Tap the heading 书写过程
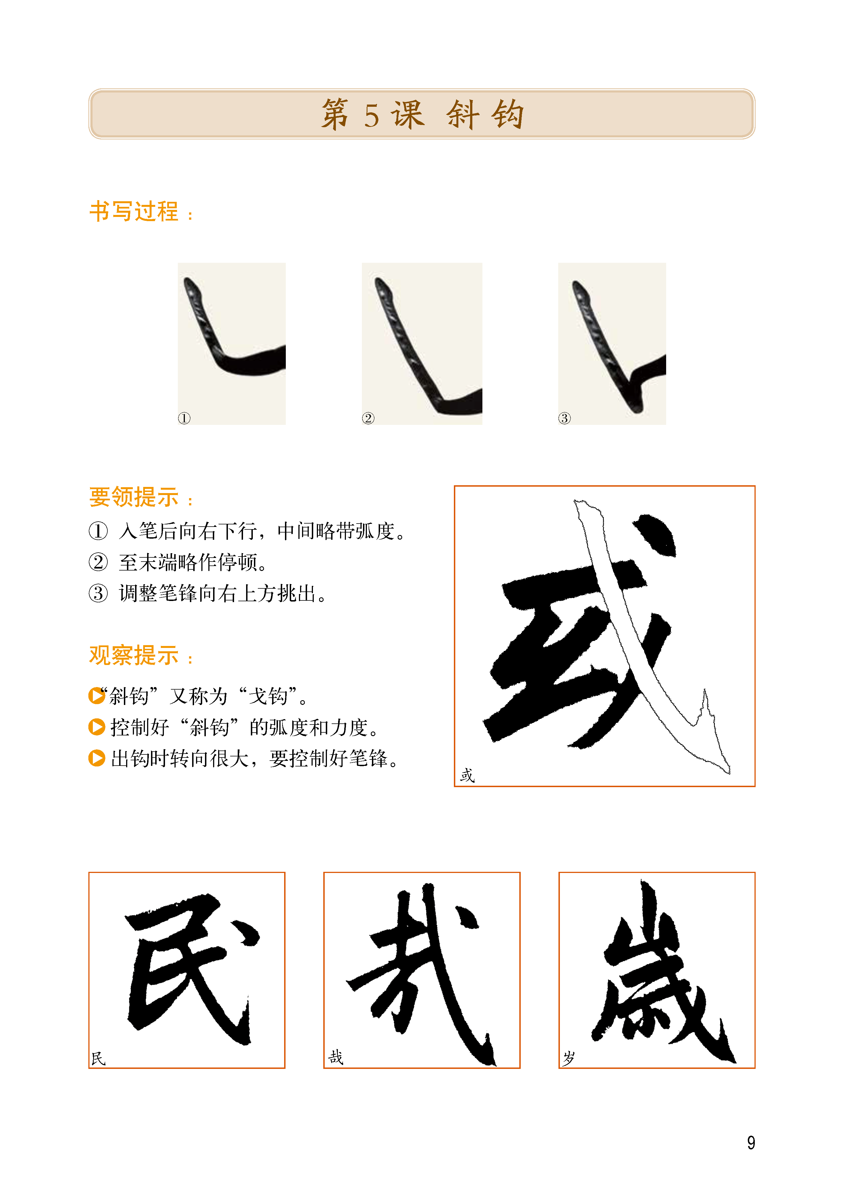[134, 212]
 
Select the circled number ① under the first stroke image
[184, 418]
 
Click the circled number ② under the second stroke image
[368, 418]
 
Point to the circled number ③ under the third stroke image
[564, 418]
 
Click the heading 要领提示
[134, 497]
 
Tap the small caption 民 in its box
[98, 1059]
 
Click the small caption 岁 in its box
[569, 1058]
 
